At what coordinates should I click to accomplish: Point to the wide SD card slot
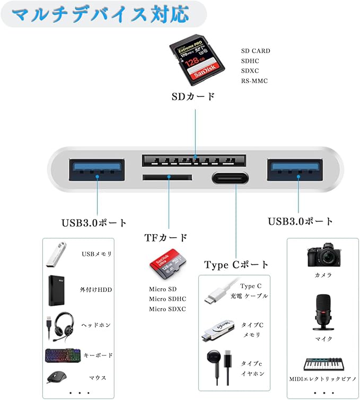point(194,159)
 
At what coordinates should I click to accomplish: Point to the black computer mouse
point(56,377)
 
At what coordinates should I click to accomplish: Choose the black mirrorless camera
point(323,256)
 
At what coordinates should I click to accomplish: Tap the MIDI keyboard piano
point(323,364)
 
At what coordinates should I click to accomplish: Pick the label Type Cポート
point(236,264)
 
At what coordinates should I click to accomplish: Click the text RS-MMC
point(254,81)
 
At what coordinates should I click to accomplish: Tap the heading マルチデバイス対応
point(100,14)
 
